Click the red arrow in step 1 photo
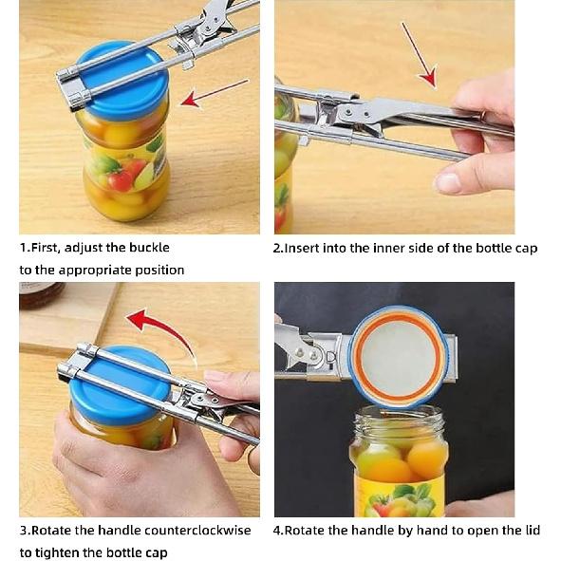click(x=213, y=93)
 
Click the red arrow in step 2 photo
click(x=418, y=53)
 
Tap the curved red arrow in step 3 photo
click(x=161, y=331)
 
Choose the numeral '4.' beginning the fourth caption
click(x=278, y=530)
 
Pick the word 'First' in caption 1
click(x=47, y=248)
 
